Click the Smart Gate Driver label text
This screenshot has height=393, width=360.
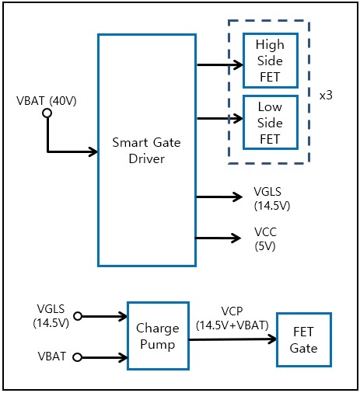(x=146, y=151)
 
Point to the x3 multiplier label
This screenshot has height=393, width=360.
(x=326, y=96)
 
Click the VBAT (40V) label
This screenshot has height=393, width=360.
(x=47, y=101)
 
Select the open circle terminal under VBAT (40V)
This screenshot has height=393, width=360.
(x=47, y=113)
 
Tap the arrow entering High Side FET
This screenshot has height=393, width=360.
(x=220, y=64)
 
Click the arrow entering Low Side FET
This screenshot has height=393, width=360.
(x=220, y=119)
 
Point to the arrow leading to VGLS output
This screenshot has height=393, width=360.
(x=219, y=197)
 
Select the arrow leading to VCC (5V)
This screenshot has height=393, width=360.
(x=218, y=238)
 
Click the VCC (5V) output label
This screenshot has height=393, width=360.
(x=265, y=239)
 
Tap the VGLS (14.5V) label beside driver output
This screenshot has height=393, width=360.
(x=272, y=199)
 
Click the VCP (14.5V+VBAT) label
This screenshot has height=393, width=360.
(x=232, y=318)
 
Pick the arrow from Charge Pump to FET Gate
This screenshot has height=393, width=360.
(x=232, y=339)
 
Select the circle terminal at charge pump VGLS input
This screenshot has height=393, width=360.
(x=78, y=316)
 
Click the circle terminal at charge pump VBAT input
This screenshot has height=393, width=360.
(x=78, y=357)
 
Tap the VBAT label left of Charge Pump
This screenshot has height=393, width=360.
(x=52, y=356)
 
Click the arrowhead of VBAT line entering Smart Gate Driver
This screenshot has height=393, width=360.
(x=93, y=151)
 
